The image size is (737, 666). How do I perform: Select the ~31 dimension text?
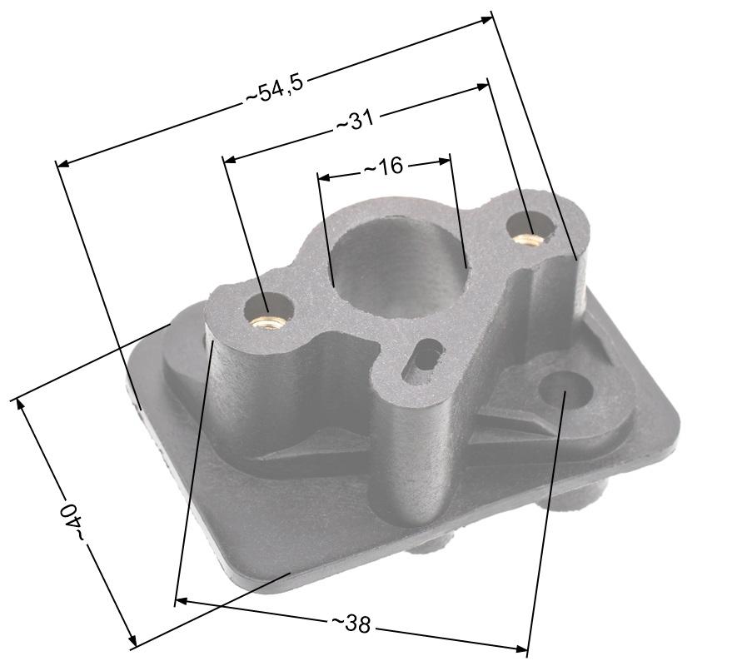(355, 122)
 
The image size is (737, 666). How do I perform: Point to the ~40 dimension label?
(72, 521)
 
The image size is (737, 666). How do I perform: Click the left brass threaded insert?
(268, 322)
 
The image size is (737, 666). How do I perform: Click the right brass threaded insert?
(528, 239)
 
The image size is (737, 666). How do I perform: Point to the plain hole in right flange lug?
(565, 389)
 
